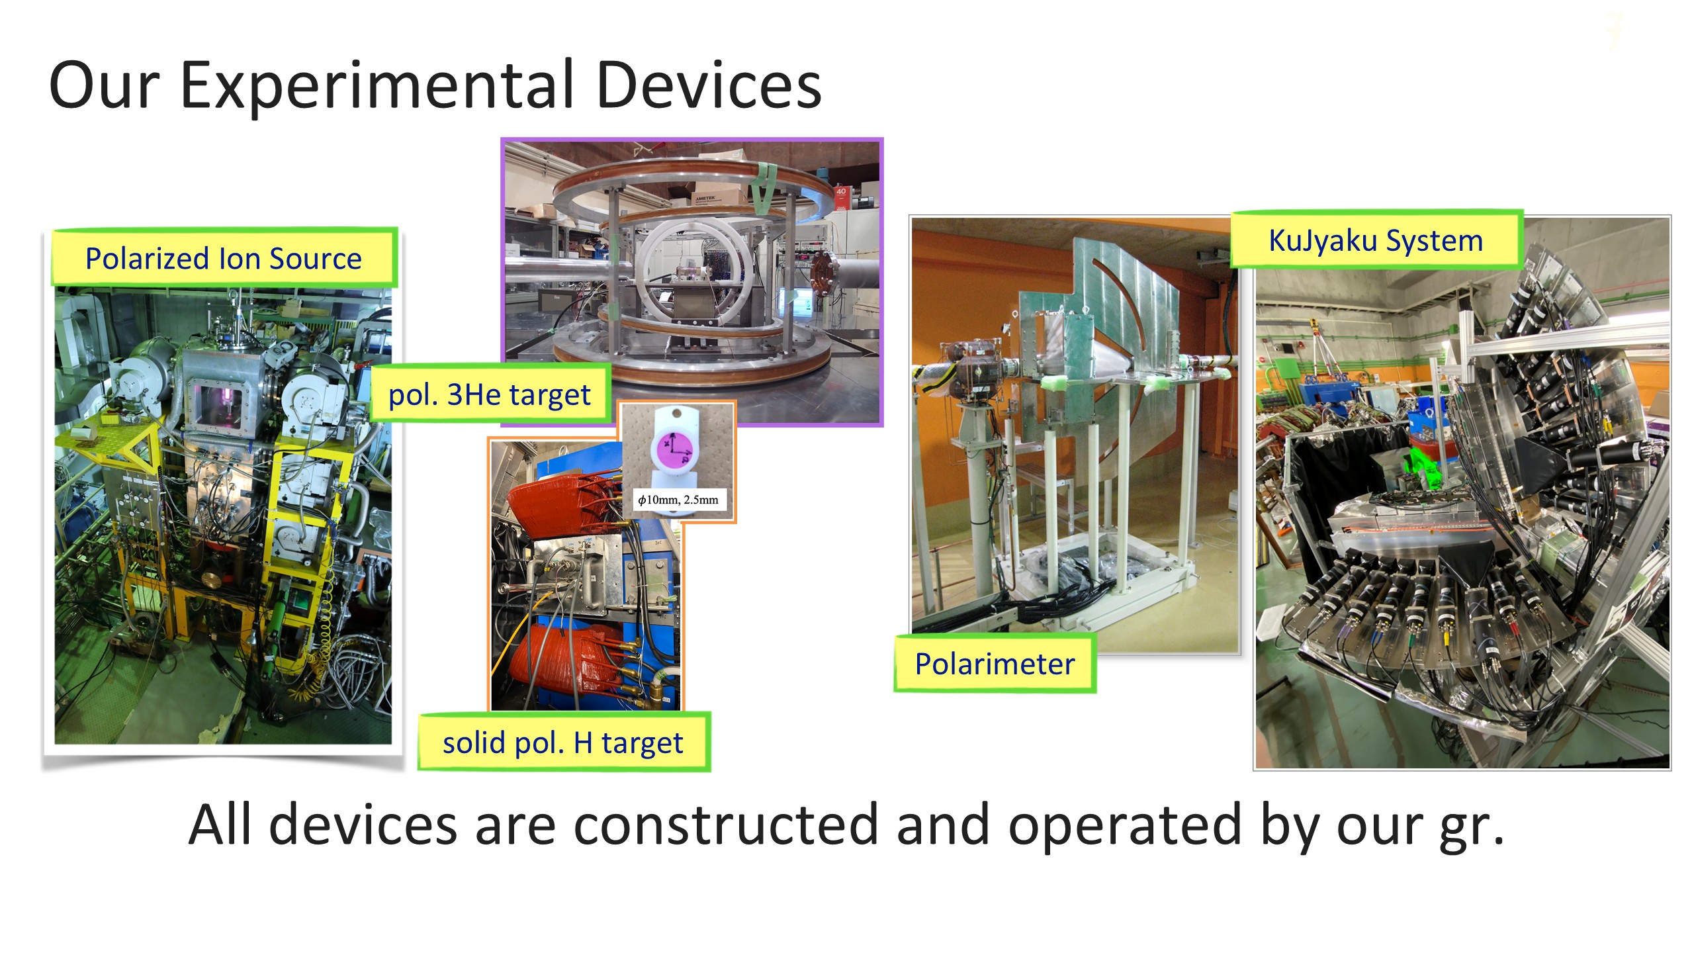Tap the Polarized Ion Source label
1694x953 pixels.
click(224, 258)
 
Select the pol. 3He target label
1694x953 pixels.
click(489, 394)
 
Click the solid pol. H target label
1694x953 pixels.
click(563, 743)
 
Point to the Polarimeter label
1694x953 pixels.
click(995, 664)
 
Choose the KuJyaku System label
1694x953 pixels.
click(1376, 240)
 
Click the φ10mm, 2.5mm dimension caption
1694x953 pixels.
click(678, 500)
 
